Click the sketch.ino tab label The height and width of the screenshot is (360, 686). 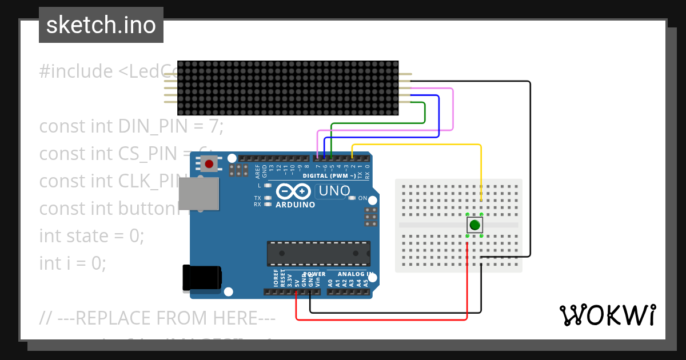101,25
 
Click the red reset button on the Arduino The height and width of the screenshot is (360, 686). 209,164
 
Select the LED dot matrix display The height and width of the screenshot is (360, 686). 288,88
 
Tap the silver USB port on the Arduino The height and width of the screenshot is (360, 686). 199,193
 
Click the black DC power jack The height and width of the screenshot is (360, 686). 201,278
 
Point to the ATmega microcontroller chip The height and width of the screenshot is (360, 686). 318,253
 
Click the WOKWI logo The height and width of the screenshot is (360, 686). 607,315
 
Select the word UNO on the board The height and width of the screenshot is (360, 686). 334,191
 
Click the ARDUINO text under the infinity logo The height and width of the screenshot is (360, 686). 295,205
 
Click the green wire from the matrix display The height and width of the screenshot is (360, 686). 425,114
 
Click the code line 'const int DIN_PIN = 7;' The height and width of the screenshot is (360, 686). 131,126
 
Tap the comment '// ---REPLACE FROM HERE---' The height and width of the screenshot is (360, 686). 157,317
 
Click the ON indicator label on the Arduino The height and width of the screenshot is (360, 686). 362,198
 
